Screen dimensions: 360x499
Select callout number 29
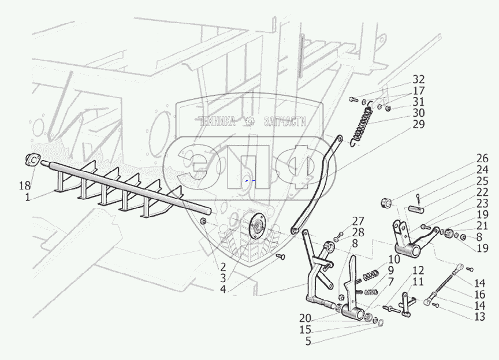coord(419,124)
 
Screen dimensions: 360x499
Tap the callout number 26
coord(482,158)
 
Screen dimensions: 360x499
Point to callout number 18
coord(23,186)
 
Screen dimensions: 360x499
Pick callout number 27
coord(358,220)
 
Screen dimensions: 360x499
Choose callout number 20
coord(305,318)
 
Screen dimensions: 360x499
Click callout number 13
coord(479,317)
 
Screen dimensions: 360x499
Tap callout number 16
coord(479,295)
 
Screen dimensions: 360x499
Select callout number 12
coord(418,269)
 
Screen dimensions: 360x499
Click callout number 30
coord(419,113)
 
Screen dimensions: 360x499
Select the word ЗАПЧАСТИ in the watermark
coord(284,121)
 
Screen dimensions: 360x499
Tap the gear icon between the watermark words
coord(250,121)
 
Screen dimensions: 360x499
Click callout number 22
coord(482,192)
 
